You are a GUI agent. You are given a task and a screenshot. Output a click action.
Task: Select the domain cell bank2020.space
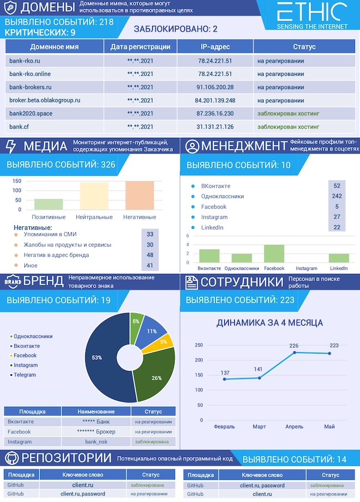click(31, 113)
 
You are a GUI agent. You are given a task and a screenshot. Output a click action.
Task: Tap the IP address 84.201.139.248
click(215, 100)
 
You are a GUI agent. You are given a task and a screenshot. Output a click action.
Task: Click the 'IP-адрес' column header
click(215, 46)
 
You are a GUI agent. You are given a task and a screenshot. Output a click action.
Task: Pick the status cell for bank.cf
click(288, 127)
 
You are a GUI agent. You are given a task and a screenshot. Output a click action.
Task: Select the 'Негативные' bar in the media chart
click(140, 195)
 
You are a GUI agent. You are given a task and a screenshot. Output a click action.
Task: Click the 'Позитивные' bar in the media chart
click(49, 204)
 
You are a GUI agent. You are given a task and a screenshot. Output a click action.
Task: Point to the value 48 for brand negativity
click(150, 255)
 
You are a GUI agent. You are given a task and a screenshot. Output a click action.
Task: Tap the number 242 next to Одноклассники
click(337, 196)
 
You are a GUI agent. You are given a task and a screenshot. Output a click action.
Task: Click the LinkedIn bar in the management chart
click(338, 258)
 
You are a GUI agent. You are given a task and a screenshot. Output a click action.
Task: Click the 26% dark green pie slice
click(157, 378)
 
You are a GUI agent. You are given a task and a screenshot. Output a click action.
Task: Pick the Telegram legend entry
click(24, 375)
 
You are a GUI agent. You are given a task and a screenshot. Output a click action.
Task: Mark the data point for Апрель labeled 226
click(294, 352)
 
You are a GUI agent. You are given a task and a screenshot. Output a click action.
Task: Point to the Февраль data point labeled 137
click(225, 379)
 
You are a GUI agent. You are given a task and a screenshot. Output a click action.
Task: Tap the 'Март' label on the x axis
click(259, 427)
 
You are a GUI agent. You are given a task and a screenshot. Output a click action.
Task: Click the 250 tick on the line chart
click(199, 345)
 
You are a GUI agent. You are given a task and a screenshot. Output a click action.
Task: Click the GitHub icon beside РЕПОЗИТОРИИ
click(11, 459)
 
